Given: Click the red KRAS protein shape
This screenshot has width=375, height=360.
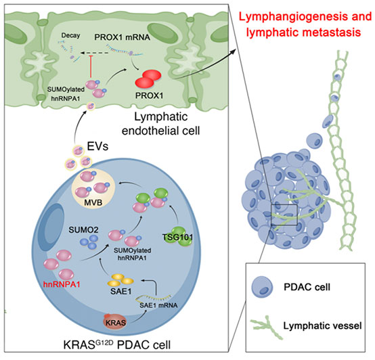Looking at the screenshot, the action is (x=115, y=321).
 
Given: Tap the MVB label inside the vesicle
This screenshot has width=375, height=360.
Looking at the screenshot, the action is (x=93, y=203).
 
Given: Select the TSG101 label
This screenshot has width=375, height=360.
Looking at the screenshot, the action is (x=178, y=237).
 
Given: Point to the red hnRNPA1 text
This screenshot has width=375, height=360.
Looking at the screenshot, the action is (x=62, y=284).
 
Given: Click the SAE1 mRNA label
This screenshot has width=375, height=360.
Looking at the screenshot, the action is (x=158, y=305).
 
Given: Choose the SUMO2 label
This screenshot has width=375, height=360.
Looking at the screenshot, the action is (x=83, y=230).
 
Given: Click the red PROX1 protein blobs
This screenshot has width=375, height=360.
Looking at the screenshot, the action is (x=148, y=79).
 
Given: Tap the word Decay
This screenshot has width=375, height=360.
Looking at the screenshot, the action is (x=70, y=36).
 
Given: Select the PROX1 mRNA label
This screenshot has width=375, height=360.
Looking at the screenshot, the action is (x=123, y=37).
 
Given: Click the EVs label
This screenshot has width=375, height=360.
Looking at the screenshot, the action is (x=97, y=146).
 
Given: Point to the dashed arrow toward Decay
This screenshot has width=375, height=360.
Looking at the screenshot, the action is (x=93, y=53).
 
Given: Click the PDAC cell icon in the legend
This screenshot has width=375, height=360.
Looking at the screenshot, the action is (x=263, y=287).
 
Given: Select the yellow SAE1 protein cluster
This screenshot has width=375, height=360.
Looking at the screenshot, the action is (x=120, y=280).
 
